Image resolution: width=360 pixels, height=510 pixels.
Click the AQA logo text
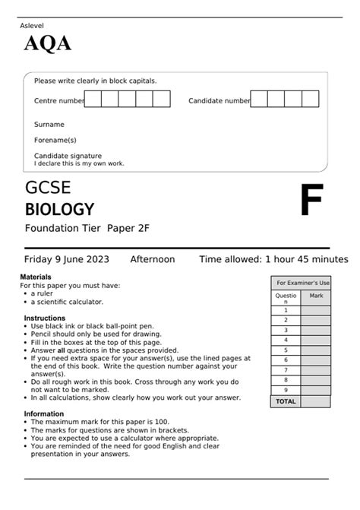pyautogui.click(x=47, y=45)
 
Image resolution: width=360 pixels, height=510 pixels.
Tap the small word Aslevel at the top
pyautogui.click(x=31, y=26)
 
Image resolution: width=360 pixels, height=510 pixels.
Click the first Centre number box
pyautogui.click(x=93, y=100)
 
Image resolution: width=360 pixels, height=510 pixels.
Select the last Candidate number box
pyautogui.click(x=310, y=100)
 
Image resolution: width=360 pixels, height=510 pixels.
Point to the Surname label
pyautogui.click(x=49, y=124)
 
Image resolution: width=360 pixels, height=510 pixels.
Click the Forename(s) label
pyautogui.click(x=55, y=140)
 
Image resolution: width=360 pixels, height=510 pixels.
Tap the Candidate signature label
pyautogui.click(x=68, y=156)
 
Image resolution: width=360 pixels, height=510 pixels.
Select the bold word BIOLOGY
pyautogui.click(x=60, y=210)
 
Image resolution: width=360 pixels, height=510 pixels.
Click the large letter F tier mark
pyautogui.click(x=311, y=201)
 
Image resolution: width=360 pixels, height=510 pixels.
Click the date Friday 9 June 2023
pyautogui.click(x=67, y=259)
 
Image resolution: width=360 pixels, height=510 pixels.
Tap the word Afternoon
pyautogui.click(x=153, y=259)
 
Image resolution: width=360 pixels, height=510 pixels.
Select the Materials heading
pyautogui.click(x=36, y=277)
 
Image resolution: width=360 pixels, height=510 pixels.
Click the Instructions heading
pyautogui.click(x=44, y=318)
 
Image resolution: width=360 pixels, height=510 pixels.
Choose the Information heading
pyautogui.click(x=43, y=414)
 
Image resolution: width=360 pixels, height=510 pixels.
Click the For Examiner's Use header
pyautogui.click(x=303, y=282)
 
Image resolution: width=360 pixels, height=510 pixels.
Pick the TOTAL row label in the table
pyautogui.click(x=286, y=401)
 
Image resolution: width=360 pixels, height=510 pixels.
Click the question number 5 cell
pyautogui.click(x=286, y=350)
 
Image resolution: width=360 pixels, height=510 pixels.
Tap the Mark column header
pyautogui.click(x=316, y=295)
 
